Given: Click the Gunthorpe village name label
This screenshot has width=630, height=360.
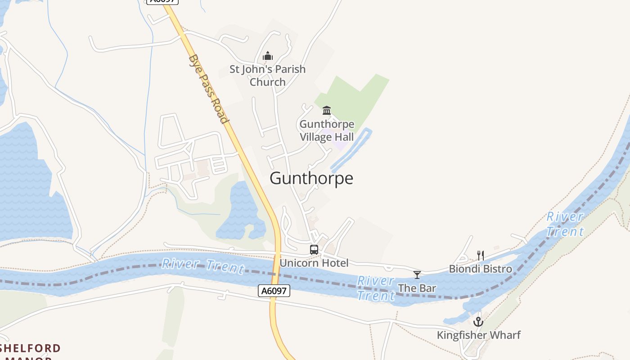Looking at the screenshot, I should [311, 179].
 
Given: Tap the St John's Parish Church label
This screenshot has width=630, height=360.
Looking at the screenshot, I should [268, 76].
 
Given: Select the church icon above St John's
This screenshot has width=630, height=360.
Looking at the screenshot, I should [268, 56].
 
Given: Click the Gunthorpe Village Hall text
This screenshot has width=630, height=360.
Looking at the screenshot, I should [327, 130].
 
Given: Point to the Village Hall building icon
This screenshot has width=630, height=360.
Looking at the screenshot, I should [327, 110].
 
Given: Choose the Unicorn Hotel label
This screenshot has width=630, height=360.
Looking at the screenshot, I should [314, 263].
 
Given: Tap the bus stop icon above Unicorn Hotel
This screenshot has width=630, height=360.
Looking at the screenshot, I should [314, 249].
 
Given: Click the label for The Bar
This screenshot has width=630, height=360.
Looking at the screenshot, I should [417, 288].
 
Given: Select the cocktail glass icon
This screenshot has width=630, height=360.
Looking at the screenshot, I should [417, 274].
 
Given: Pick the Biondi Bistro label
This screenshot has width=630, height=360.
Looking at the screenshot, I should [481, 269].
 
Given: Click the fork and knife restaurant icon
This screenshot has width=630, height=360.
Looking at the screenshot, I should [481, 255].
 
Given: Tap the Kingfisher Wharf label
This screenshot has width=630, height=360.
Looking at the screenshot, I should [478, 335].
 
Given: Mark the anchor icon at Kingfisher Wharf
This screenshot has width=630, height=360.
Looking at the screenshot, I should [478, 322].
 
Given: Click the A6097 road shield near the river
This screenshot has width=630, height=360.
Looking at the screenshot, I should [274, 291].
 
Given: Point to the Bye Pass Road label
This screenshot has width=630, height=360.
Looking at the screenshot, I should [208, 89].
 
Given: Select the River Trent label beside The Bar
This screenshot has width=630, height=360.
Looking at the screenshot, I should [376, 288].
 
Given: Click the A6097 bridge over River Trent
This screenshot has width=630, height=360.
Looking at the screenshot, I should [275, 270].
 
